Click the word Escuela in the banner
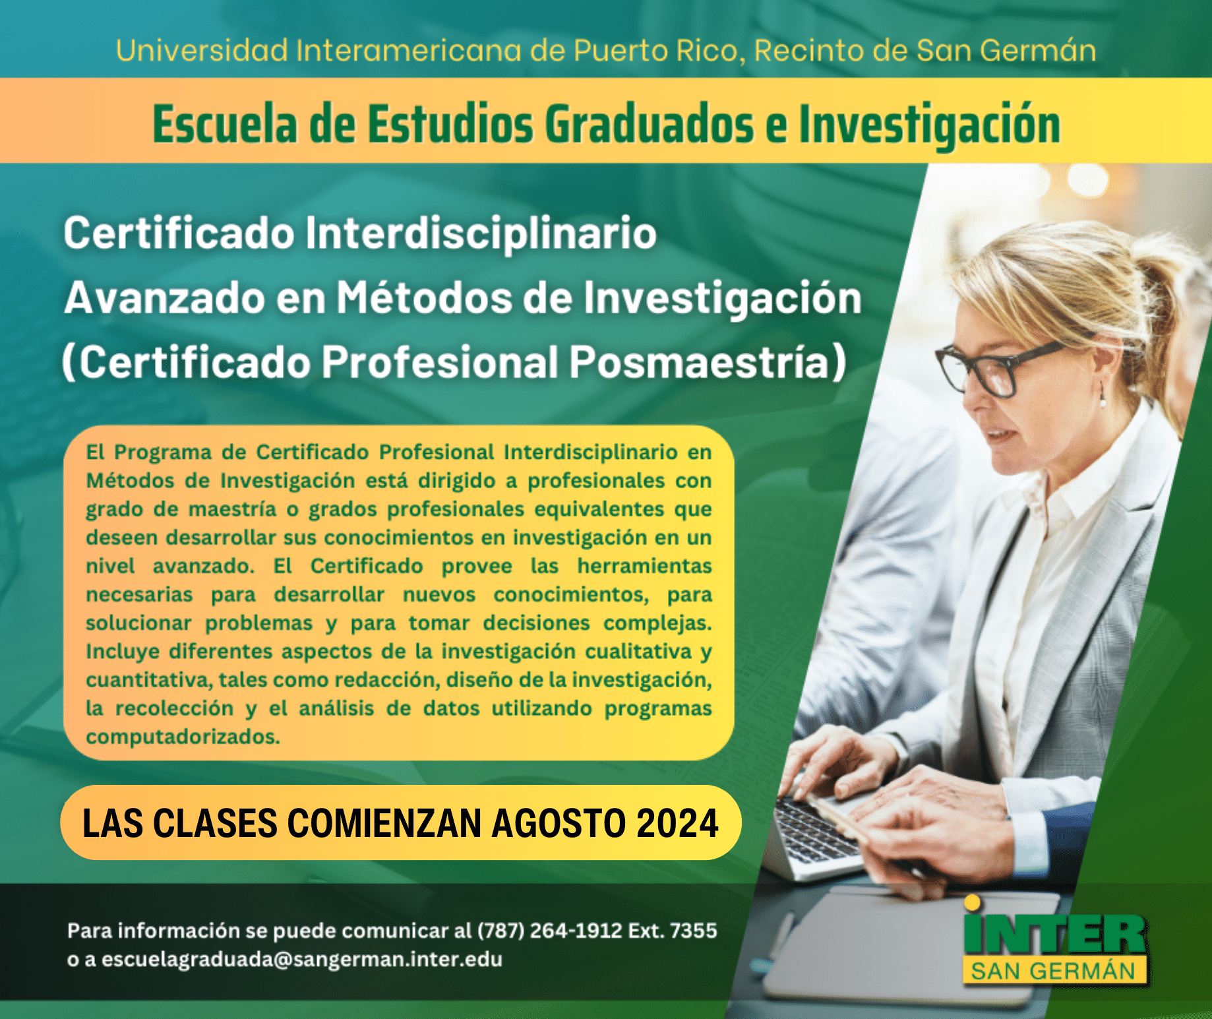225,123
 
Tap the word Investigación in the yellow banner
930,125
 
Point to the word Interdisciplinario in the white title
481,233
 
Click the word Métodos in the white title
424,297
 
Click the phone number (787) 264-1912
549,931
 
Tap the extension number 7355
693,931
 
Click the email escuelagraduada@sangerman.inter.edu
302,959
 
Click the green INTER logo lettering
1055,933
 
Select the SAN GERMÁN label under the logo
1054,972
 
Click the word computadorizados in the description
183,737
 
